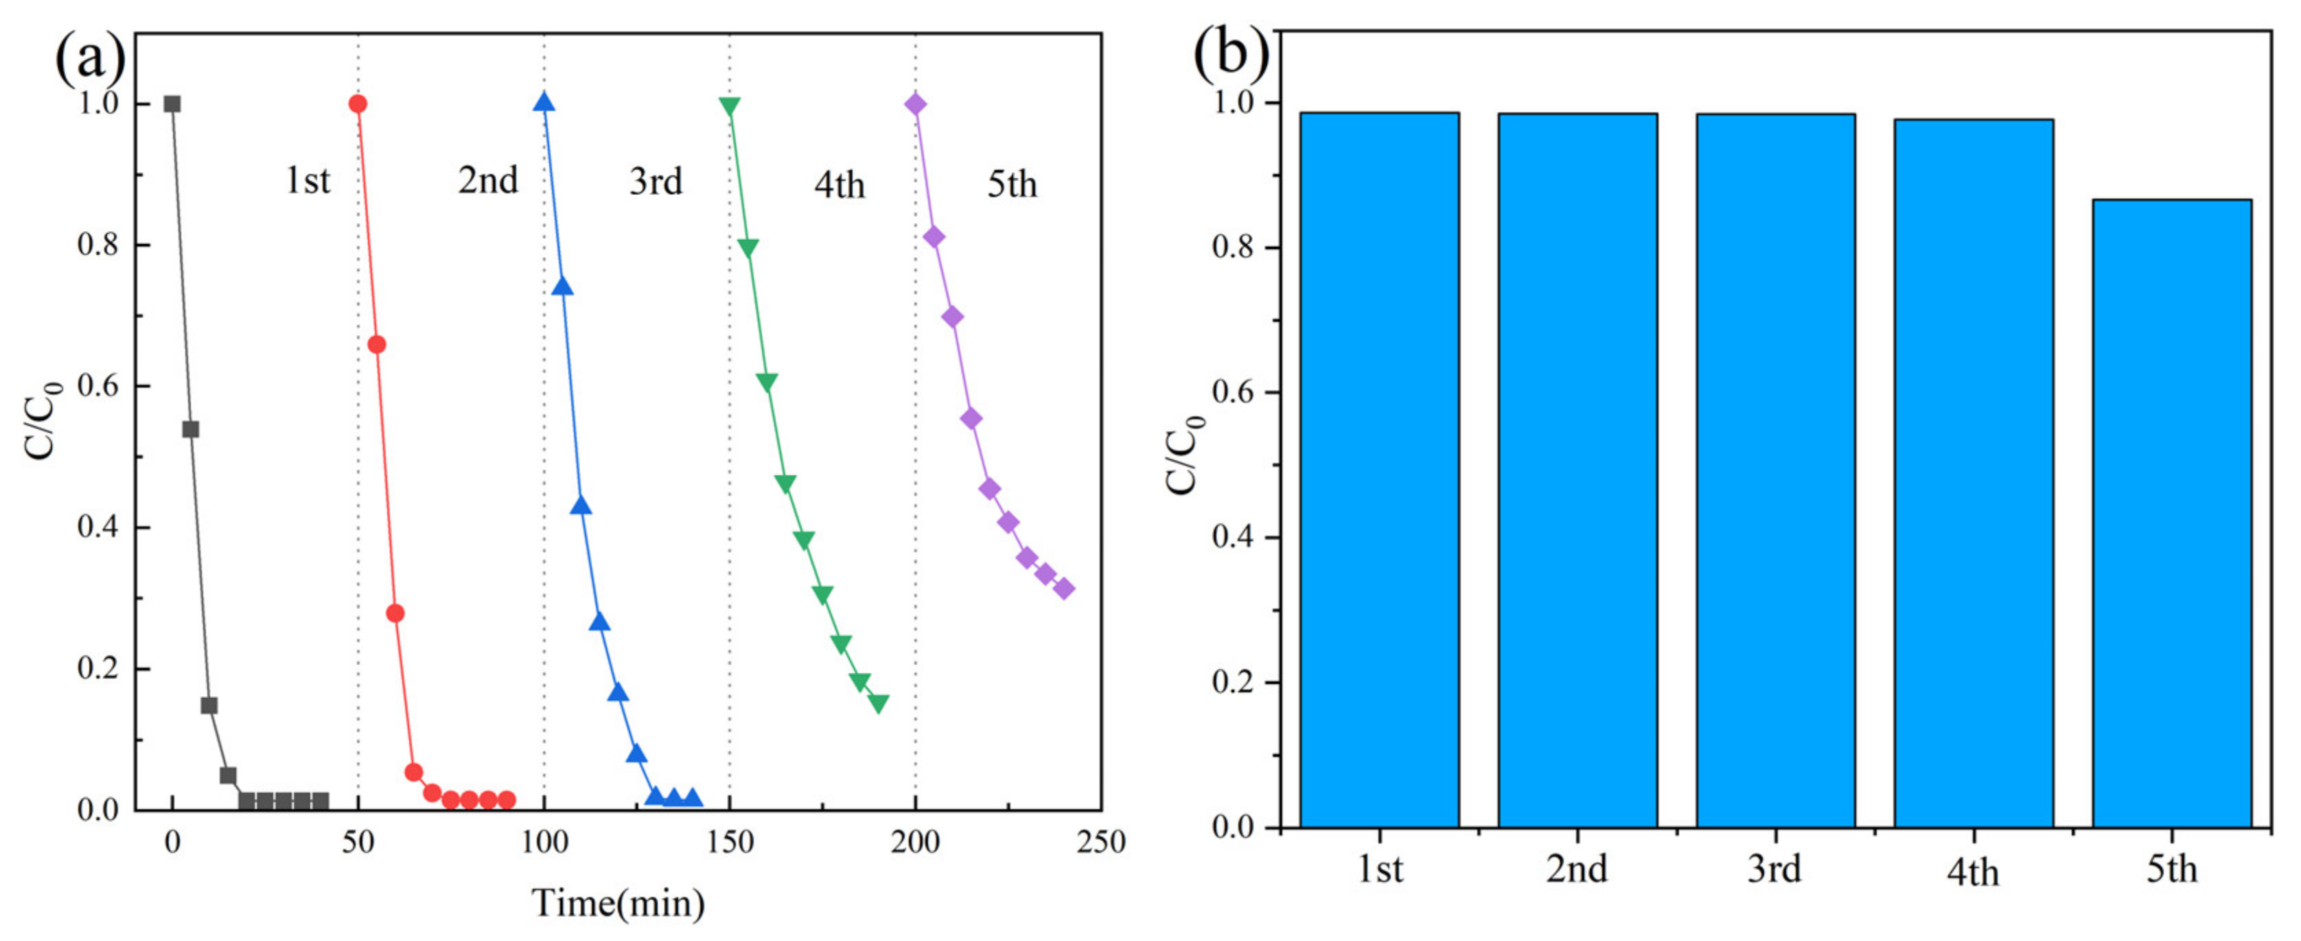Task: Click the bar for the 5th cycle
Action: point(2171,513)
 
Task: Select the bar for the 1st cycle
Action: point(1379,470)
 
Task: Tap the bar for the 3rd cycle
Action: point(1776,470)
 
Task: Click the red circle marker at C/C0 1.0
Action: point(358,104)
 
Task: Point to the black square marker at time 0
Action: point(172,104)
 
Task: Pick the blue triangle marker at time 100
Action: point(544,103)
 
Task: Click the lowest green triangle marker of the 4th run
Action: point(878,704)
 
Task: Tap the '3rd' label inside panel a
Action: point(655,181)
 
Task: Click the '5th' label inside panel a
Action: point(1011,184)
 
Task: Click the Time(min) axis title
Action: point(618,903)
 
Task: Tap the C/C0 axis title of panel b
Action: point(1184,455)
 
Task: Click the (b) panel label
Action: point(1231,51)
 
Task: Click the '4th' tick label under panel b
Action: point(1972,871)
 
